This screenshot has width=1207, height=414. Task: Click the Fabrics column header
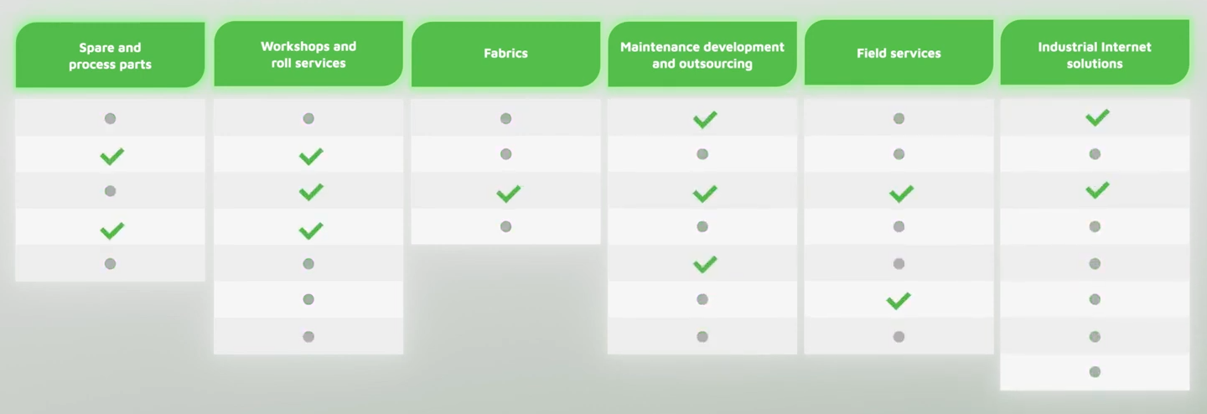click(505, 54)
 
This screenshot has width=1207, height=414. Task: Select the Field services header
click(899, 53)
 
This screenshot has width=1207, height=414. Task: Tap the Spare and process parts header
click(110, 55)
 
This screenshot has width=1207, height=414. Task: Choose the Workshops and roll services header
click(308, 54)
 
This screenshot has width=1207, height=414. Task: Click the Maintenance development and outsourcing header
click(702, 54)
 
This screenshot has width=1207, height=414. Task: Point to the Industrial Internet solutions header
click(1095, 53)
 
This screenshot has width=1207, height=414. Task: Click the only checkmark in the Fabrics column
click(509, 194)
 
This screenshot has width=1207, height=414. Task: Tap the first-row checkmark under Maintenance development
click(705, 119)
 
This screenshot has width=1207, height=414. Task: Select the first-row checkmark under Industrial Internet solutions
click(1097, 117)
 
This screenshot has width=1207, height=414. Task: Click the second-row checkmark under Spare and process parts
click(112, 157)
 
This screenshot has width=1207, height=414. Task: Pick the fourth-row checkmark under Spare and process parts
click(112, 230)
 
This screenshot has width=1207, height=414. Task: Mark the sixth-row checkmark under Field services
click(899, 301)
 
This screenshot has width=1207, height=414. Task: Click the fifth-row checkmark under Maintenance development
click(705, 264)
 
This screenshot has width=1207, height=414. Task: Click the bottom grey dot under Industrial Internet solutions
click(1095, 371)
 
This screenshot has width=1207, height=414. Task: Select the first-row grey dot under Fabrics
click(505, 119)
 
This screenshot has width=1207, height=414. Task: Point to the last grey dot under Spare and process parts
click(110, 264)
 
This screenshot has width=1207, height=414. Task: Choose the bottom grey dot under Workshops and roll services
click(308, 337)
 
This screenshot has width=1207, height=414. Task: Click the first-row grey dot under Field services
click(899, 119)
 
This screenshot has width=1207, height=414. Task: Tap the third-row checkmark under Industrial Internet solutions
click(1097, 190)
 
